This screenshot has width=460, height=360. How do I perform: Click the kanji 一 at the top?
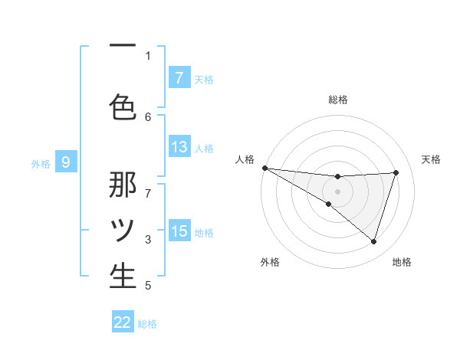coord(123,47)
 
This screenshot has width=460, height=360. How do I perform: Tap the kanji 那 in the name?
coord(123,185)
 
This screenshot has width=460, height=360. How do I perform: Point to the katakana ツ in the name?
coord(123,230)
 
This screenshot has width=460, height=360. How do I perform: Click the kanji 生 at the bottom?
coord(123,277)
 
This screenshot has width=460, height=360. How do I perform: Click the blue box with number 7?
coord(179,77)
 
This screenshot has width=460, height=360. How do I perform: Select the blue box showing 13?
coord(179,147)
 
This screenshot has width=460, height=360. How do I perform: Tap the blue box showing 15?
coord(179,231)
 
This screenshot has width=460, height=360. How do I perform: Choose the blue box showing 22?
coord(123,322)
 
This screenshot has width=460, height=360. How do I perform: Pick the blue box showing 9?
coord(66,162)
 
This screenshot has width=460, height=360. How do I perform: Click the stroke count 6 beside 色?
coord(148,116)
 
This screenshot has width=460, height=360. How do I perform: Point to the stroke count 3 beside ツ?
coord(148,239)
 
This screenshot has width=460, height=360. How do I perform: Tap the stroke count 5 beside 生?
coord(148,286)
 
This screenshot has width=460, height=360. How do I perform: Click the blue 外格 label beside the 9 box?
coord(41,162)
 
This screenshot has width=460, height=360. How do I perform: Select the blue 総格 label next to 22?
coord(147,324)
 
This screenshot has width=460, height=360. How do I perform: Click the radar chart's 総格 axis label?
coord(337,100)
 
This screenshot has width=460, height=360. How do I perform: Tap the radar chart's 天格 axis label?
coord(432,159)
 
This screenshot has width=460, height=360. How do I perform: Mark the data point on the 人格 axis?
coord(264,167)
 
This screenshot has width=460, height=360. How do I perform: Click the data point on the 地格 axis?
coord(373,241)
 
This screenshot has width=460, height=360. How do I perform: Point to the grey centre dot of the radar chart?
coord(337,191)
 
